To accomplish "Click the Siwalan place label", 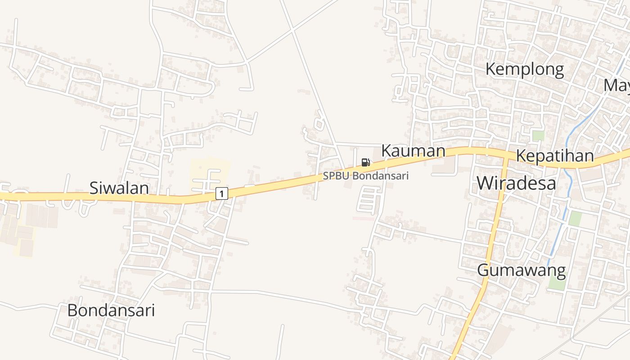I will (119, 188).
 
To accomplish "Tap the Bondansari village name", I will (111, 310).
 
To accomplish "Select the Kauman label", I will (413, 151).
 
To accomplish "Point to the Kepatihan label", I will (554, 156).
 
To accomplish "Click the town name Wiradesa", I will (516, 183).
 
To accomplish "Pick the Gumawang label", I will (521, 270).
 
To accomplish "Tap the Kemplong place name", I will (524, 69).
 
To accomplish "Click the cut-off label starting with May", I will (616, 85).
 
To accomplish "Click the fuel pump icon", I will (365, 162).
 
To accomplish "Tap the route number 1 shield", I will (221, 193).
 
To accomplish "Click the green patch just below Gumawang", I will (557, 282).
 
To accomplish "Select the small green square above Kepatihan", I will (538, 135).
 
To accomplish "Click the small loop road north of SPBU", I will (319, 123).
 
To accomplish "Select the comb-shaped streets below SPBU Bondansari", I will (368, 200).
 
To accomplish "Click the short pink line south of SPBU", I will (363, 218).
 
